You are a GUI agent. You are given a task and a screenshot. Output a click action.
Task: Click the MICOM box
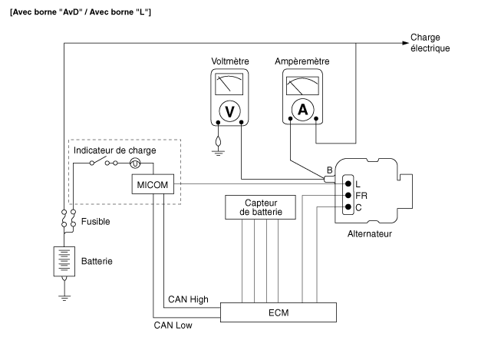tap(152, 185)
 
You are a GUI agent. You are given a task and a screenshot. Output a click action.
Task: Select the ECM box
tap(279, 312)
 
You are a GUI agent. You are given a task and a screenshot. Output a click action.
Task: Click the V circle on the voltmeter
tap(229, 111)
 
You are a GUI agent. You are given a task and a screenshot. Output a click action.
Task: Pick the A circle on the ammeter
tap(303, 110)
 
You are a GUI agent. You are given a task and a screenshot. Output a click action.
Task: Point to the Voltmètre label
tap(229, 61)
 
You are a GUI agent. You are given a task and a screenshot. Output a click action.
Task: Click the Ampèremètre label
tap(302, 61)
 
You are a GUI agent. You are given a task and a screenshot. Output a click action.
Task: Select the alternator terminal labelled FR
tap(348, 196)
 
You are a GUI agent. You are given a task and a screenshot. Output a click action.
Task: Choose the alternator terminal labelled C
tap(348, 207)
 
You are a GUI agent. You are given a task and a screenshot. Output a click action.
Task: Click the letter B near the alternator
tap(329, 170)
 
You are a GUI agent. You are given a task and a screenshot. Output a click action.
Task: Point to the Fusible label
tap(96, 221)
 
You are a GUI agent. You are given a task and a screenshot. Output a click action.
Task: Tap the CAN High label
tap(187, 299)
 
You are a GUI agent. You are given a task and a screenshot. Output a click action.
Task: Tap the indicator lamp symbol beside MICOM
tap(135, 163)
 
